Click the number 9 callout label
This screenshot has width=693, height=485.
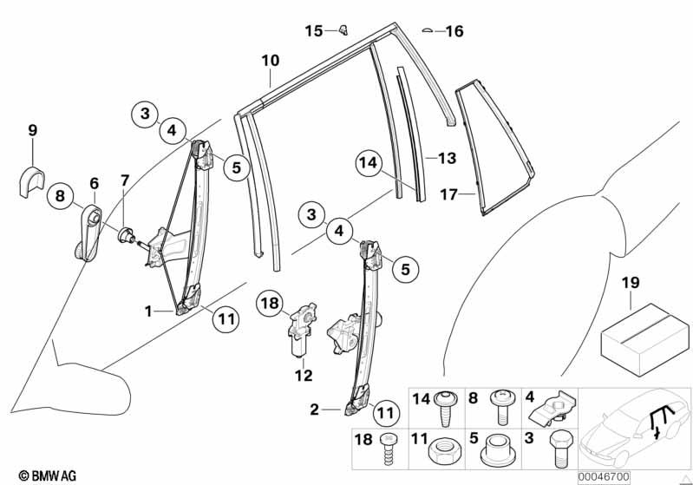tap(32, 131)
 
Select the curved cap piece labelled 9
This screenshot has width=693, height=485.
tap(33, 179)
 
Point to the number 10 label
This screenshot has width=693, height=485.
tap(271, 61)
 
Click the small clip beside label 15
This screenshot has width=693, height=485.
tap(343, 30)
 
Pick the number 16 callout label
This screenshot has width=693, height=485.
tap(454, 32)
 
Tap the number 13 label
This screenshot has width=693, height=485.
tap(446, 159)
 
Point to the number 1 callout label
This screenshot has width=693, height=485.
tap(148, 310)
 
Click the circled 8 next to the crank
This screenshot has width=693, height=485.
tap(59, 197)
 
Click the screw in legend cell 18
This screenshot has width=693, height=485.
tap(388, 452)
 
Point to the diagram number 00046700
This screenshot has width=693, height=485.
tap(605, 476)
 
